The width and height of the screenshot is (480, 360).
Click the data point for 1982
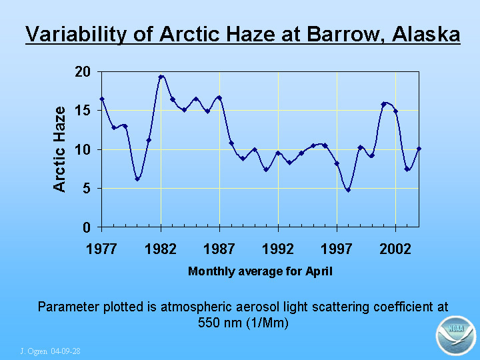point(161,77)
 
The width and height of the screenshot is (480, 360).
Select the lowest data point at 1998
point(349,190)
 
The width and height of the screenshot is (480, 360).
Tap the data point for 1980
point(137,179)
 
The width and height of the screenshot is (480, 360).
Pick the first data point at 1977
point(102,99)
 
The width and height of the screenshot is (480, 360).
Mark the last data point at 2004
point(419,149)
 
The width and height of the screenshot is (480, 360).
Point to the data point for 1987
point(219,98)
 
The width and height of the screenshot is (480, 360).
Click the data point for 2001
point(383,105)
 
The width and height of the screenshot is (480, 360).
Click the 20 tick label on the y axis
point(83,72)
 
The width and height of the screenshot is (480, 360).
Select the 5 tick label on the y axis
point(87,189)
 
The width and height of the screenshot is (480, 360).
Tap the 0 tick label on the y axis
point(87,227)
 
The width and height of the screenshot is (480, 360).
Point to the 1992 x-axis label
point(278,249)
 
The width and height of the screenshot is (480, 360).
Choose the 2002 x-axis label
point(395,249)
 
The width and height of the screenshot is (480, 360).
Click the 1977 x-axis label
point(101,249)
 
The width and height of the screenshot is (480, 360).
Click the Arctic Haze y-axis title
point(59,149)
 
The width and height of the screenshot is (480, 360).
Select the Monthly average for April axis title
point(260,271)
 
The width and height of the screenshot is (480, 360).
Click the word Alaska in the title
point(426,33)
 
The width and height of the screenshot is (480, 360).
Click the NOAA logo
point(456,335)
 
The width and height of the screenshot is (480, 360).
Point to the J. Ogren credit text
point(50,351)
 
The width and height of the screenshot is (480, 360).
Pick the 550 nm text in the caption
point(219,323)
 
